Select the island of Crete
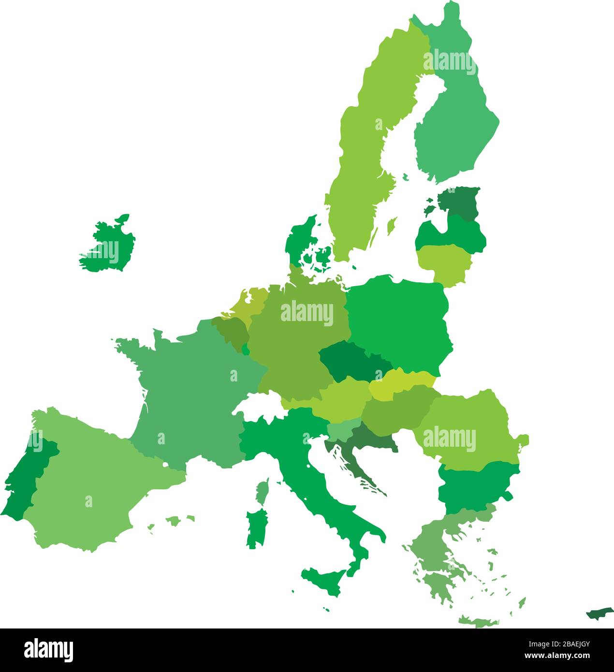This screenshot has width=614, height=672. tap(479, 622)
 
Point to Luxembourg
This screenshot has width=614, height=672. tap(246, 350)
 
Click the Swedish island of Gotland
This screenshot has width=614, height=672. tap(392, 225)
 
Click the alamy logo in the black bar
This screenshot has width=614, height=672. tap(48, 650)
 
